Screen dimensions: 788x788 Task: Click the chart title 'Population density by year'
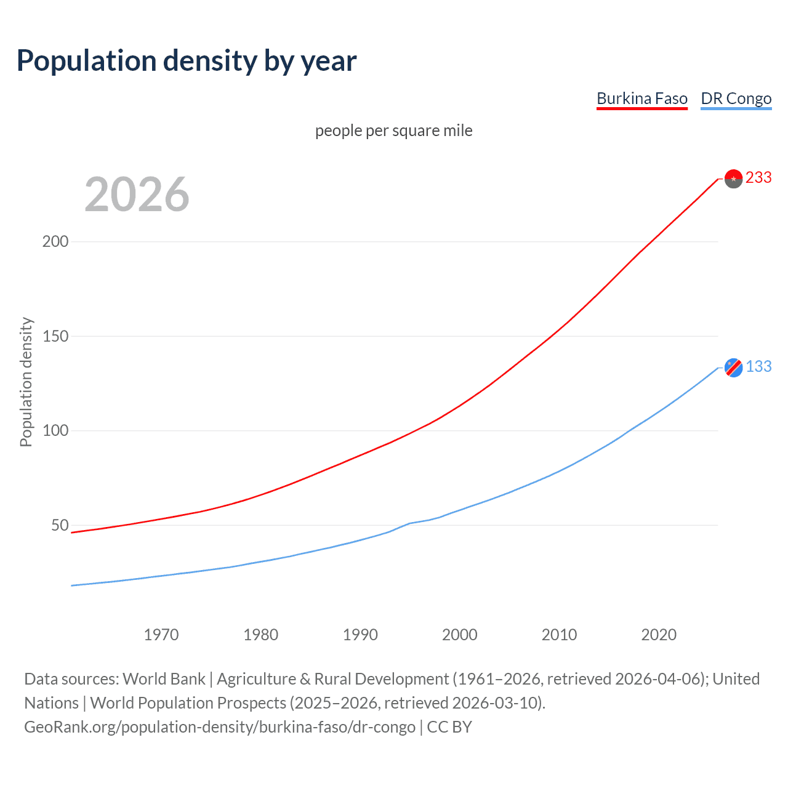(x=187, y=61)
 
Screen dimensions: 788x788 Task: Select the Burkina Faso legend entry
(x=641, y=98)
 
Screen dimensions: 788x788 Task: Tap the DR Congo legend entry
(x=736, y=98)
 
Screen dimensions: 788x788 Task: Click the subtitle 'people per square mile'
(x=393, y=131)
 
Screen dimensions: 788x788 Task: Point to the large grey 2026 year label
(x=137, y=195)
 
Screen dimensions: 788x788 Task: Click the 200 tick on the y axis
(x=55, y=241)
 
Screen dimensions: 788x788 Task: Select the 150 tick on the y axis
(x=55, y=336)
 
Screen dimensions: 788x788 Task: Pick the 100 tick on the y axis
(x=55, y=430)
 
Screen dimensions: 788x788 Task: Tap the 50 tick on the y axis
(x=60, y=525)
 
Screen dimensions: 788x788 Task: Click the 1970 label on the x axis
(x=161, y=635)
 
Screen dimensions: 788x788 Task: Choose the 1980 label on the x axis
(x=260, y=635)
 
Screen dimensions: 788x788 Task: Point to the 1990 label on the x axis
(x=360, y=635)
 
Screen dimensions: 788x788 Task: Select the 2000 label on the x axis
(x=460, y=635)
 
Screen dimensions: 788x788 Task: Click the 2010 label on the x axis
(x=559, y=635)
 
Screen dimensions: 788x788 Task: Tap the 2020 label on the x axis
(x=659, y=635)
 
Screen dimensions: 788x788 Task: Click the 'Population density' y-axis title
(x=26, y=382)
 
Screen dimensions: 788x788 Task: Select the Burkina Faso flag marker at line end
(x=733, y=179)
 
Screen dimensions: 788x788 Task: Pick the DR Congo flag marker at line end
(x=733, y=368)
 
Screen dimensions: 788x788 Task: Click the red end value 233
(x=758, y=178)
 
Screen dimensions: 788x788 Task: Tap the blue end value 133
(x=758, y=367)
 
